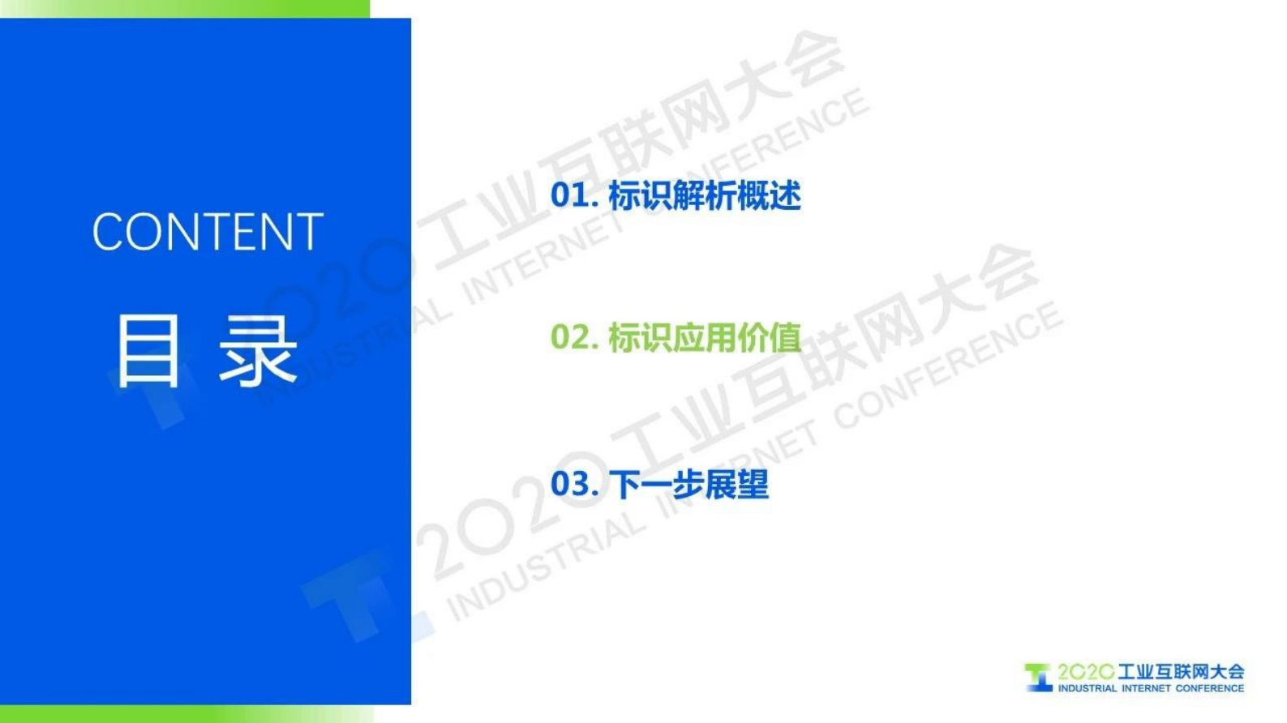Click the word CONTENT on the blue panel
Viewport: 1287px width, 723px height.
point(208,232)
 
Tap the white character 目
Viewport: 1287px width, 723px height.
point(148,351)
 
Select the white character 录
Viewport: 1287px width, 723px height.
point(258,351)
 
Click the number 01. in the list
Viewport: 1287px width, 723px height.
point(573,195)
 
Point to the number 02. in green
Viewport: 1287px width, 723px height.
point(573,337)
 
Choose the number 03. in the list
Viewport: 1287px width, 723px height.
point(573,484)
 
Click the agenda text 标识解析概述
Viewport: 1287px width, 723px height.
point(704,195)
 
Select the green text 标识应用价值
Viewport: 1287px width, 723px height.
point(704,337)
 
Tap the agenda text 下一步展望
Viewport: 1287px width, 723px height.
point(689,484)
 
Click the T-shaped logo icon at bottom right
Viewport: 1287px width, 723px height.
point(1038,677)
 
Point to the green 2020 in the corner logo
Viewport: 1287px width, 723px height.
point(1085,672)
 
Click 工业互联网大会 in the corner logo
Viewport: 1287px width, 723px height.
point(1181,671)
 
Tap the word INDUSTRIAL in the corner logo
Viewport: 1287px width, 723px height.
point(1087,688)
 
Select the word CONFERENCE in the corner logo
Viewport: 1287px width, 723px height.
point(1209,688)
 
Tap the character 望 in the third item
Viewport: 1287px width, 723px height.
point(753,484)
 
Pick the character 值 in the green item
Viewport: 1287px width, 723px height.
point(785,337)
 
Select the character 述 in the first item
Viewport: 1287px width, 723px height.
point(785,195)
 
